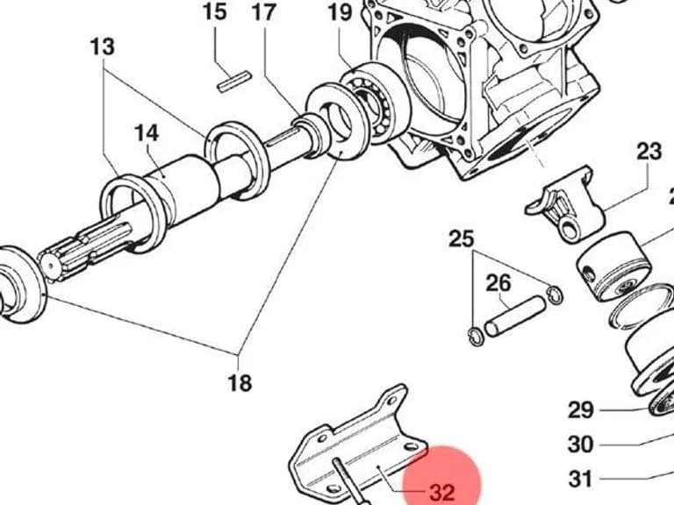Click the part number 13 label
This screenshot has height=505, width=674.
pos(103,46)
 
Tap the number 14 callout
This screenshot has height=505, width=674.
pos(147,133)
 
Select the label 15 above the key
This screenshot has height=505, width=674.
pos(214,11)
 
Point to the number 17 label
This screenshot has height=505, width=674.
pos(263,11)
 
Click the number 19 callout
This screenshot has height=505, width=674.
pos(341,12)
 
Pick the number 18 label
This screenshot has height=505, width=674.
pos(240,382)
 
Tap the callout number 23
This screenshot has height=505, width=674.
pos(649,151)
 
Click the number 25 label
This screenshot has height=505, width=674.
pos(462,238)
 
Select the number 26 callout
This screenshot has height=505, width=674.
pos(498,283)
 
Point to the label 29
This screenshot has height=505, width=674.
pos(581,409)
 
